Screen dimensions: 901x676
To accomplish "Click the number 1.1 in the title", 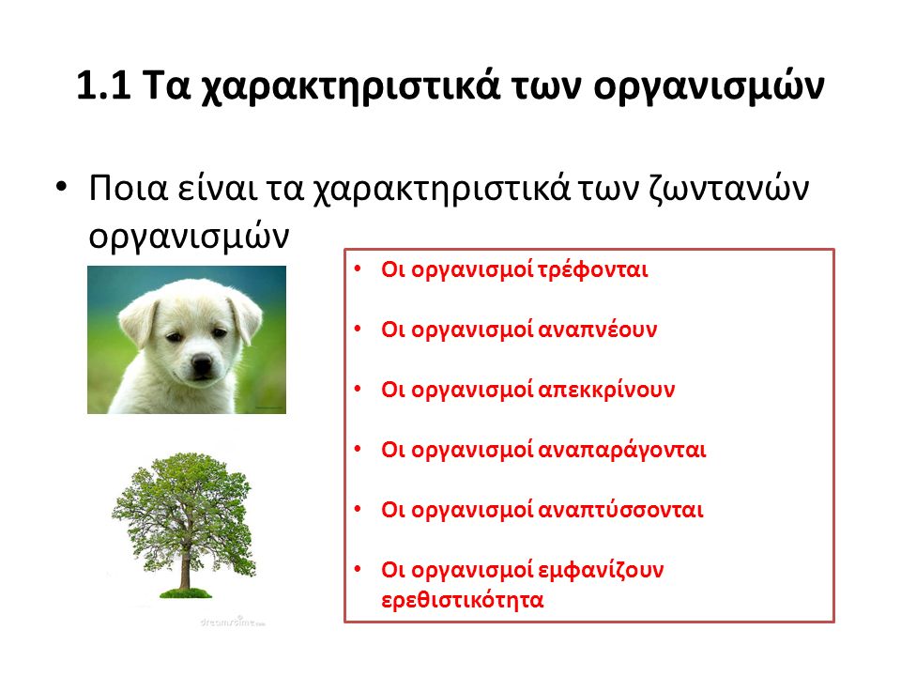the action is (103, 85).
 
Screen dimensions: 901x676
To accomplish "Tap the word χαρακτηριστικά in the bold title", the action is (350, 87).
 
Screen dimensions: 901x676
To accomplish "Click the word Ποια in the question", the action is (129, 188).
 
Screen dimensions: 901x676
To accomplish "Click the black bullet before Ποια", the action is (61, 187).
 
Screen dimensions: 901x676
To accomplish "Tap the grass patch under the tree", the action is (185, 593).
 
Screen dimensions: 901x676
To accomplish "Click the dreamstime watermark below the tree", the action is (233, 622).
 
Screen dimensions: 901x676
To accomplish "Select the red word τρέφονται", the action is (592, 270).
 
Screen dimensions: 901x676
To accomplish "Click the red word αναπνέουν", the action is (597, 330).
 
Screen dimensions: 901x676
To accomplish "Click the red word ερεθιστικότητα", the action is (463, 600).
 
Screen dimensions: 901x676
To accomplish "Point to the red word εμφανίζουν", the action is (601, 571).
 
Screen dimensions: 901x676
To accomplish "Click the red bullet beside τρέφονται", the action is (358, 269).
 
